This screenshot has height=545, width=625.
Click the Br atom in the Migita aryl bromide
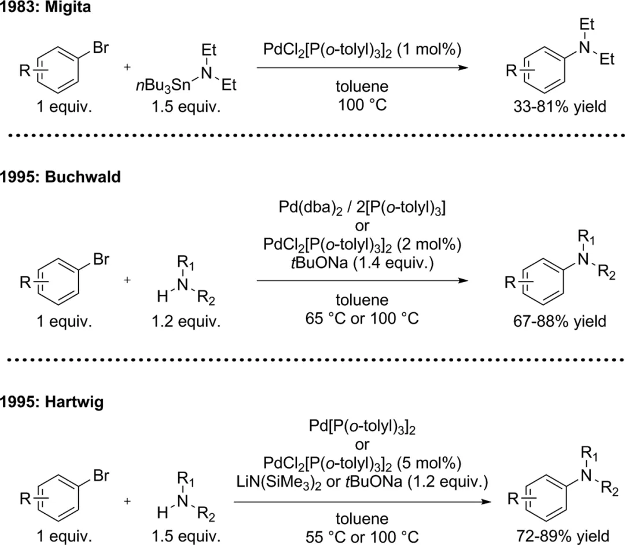click(x=100, y=48)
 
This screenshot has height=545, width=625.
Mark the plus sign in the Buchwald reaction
click(x=127, y=280)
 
